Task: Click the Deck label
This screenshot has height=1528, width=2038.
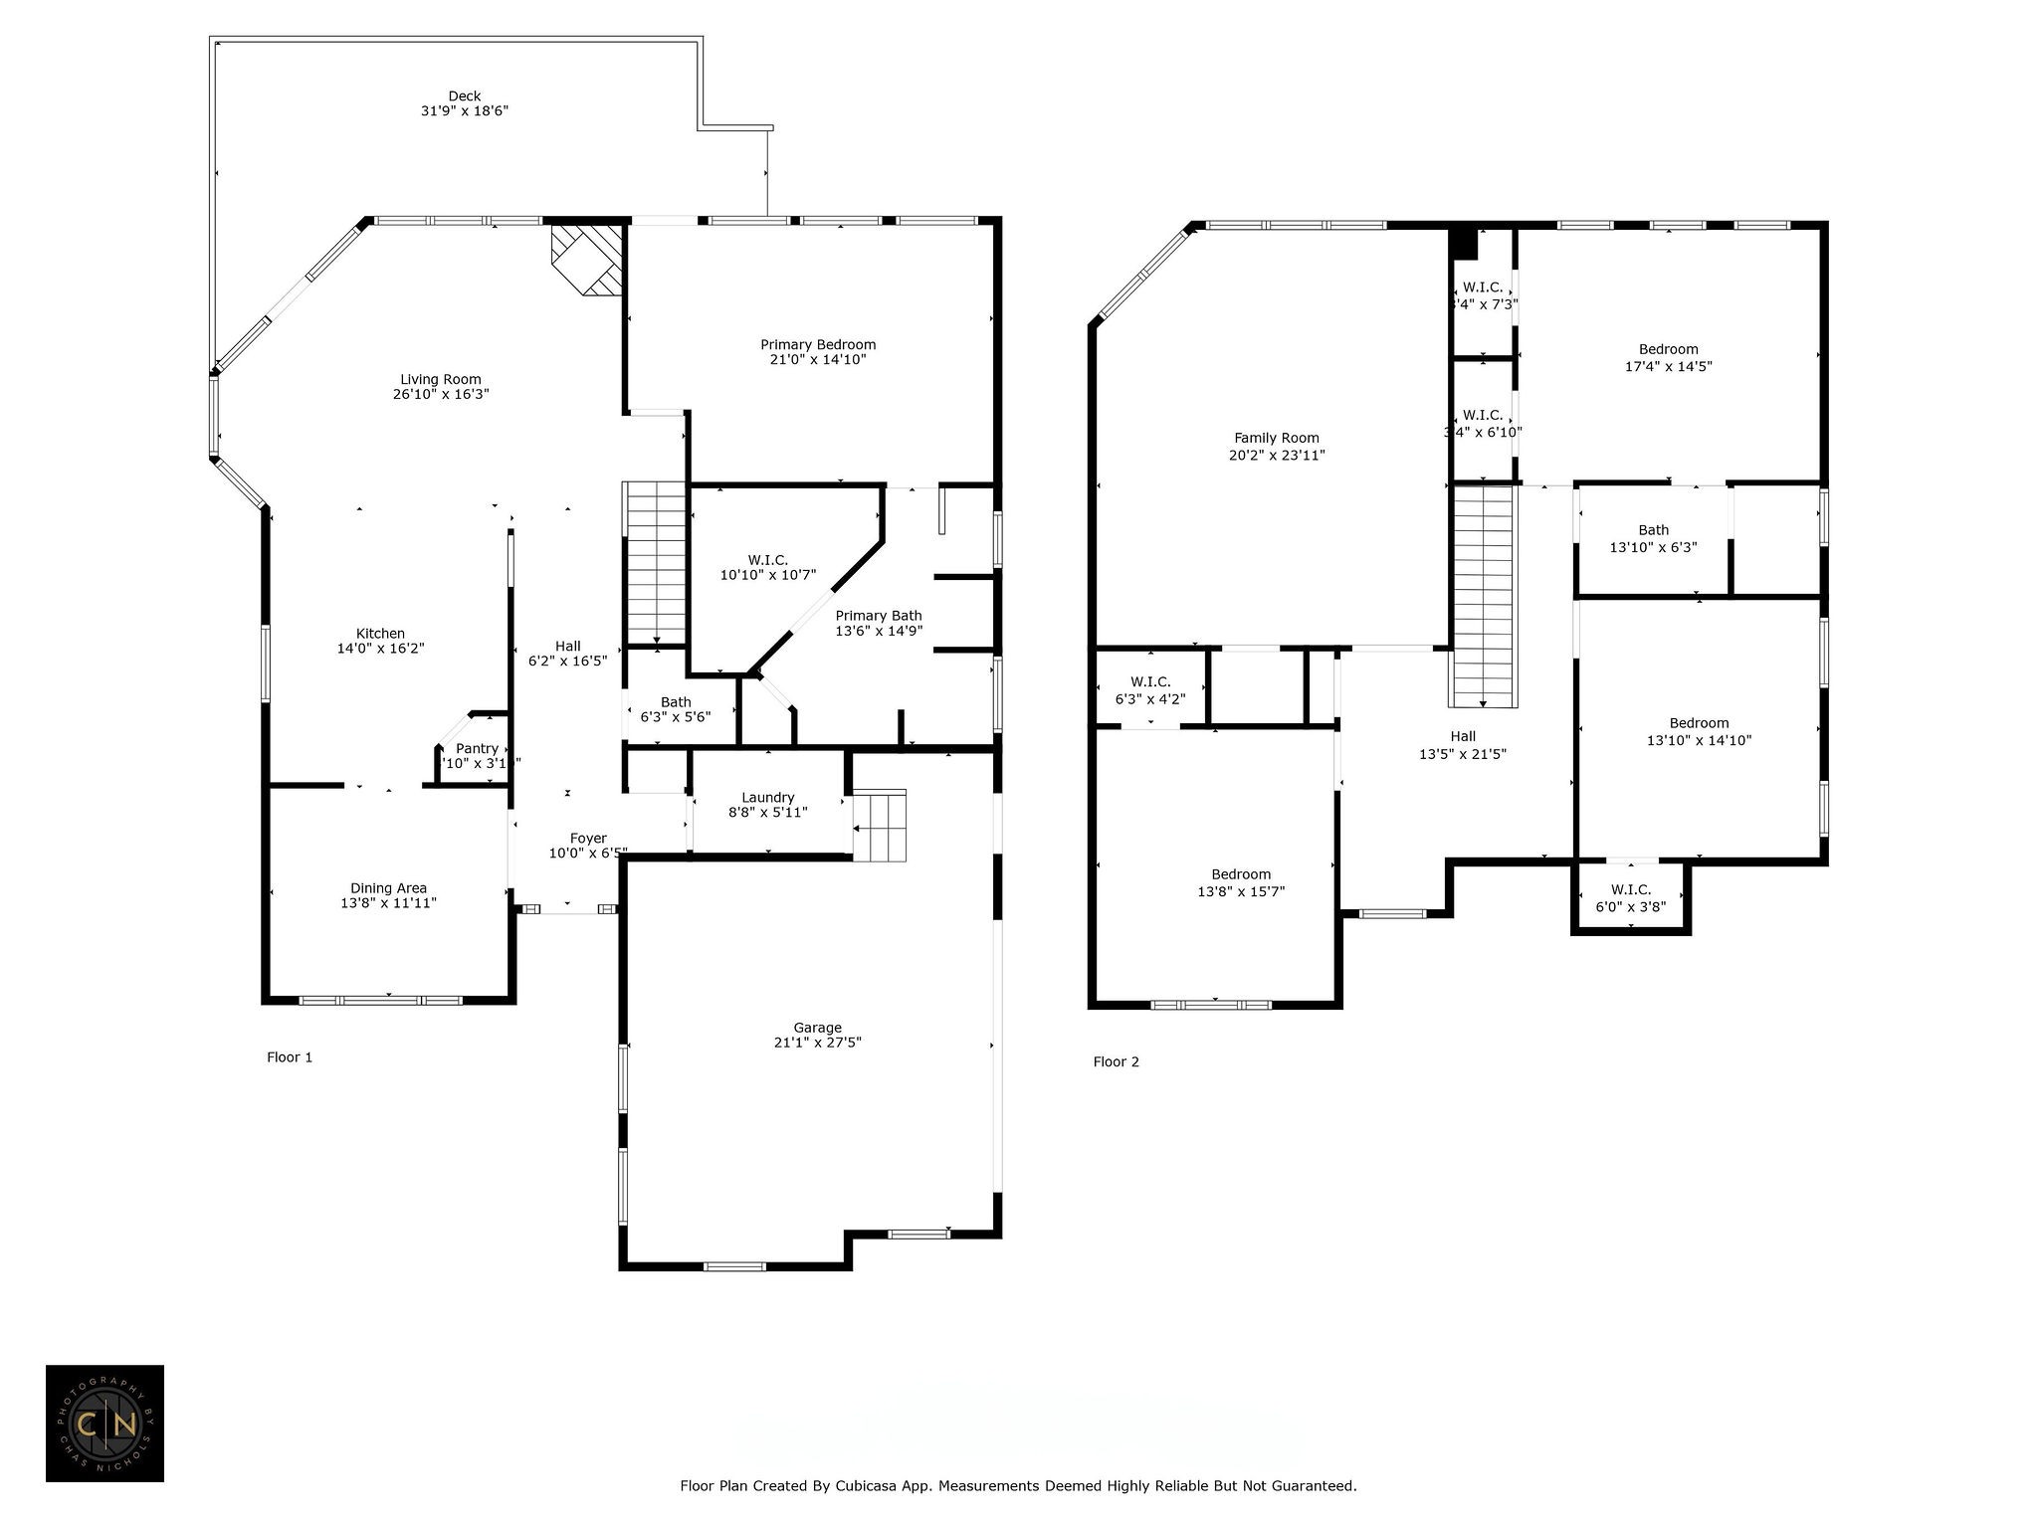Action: coord(464,96)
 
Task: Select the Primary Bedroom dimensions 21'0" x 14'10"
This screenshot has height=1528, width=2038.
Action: coord(817,360)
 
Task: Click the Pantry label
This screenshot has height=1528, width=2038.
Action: coord(477,748)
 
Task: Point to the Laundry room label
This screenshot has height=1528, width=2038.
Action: coord(767,797)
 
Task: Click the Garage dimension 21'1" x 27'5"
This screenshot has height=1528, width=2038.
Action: coord(817,1043)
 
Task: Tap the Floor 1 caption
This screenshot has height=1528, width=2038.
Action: coord(290,1057)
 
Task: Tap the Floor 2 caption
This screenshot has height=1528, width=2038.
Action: coord(1116,1061)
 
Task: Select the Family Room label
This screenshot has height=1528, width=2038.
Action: coord(1276,438)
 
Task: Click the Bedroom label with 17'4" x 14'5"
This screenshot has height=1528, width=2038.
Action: coord(1668,349)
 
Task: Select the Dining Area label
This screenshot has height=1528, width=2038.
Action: coord(388,888)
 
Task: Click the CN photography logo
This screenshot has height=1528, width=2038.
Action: coord(104,1424)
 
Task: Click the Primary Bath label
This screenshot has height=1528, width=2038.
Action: coord(878,616)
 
